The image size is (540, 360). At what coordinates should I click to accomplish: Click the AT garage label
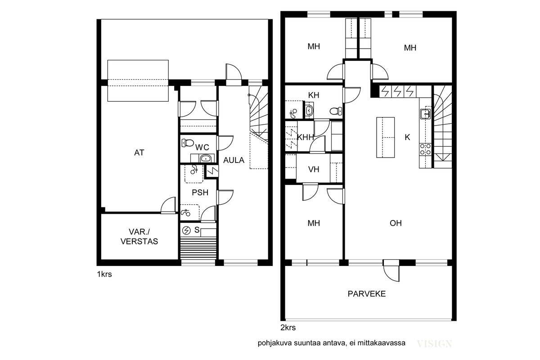[139, 153]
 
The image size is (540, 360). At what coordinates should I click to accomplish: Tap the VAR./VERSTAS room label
[139, 237]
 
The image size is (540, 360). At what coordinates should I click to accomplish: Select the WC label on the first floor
[202, 147]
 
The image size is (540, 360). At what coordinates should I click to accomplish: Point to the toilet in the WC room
[188, 143]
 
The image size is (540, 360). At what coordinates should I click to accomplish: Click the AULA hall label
[234, 160]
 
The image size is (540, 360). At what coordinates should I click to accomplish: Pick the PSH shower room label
[200, 193]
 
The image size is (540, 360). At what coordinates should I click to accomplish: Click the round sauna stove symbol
[186, 231]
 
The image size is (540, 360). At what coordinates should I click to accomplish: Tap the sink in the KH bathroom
[309, 111]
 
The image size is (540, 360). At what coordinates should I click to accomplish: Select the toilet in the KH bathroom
[336, 111]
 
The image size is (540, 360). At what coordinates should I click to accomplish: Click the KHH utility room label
[305, 137]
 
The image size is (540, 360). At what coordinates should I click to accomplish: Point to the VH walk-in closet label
[314, 170]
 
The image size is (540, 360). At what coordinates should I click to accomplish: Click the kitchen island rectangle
[386, 137]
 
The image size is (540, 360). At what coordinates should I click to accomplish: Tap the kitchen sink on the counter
[426, 114]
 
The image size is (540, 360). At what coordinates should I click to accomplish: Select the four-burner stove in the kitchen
[426, 149]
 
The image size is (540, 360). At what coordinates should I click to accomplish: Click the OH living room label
[396, 223]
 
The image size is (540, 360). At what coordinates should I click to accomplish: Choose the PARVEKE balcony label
[367, 294]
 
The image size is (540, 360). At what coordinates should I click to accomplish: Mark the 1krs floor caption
[104, 274]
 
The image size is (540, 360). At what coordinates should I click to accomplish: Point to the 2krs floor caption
[288, 328]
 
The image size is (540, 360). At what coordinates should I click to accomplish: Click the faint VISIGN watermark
[434, 344]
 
